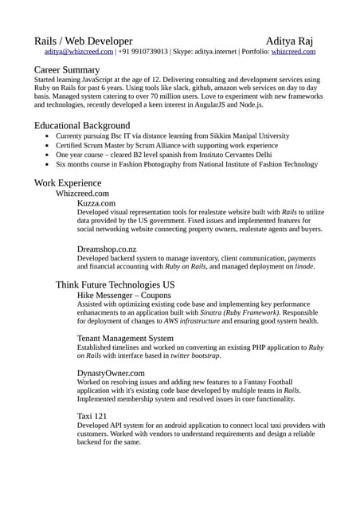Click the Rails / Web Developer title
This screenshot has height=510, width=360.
click(x=83, y=40)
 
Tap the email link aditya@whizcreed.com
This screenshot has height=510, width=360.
click(x=79, y=51)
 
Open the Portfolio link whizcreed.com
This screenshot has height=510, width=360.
click(x=293, y=51)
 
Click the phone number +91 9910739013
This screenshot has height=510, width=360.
click(x=143, y=51)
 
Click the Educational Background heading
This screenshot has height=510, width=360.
click(x=82, y=125)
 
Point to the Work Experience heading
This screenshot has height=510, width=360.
click(x=68, y=182)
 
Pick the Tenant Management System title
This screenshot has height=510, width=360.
click(x=125, y=338)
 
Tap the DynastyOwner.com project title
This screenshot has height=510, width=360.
click(x=111, y=372)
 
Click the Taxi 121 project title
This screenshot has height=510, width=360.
click(x=92, y=416)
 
